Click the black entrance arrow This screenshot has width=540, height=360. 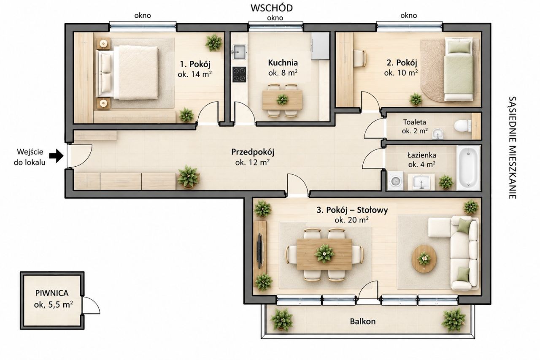[x=57, y=156]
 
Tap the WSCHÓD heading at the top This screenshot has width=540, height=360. [x=272, y=8]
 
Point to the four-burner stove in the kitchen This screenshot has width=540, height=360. [x=239, y=75]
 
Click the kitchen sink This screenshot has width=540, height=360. [x=239, y=52]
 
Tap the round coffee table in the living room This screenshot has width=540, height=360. [x=424, y=259]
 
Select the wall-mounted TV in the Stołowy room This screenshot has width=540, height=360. [x=260, y=251]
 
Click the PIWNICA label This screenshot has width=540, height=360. [x=52, y=293]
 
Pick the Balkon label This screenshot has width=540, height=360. [x=363, y=322]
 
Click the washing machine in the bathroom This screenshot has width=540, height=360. [x=395, y=180]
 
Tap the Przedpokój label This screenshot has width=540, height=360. [x=253, y=152]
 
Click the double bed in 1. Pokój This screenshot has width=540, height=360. [x=127, y=73]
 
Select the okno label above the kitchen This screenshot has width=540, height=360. [x=275, y=18]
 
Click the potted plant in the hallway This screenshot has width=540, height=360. [x=188, y=176]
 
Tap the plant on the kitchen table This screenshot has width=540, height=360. [x=282, y=99]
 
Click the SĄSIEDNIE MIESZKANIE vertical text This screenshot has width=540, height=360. [x=512, y=148]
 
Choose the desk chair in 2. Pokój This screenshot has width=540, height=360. [x=360, y=58]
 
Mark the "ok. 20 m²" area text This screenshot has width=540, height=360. [x=351, y=220]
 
